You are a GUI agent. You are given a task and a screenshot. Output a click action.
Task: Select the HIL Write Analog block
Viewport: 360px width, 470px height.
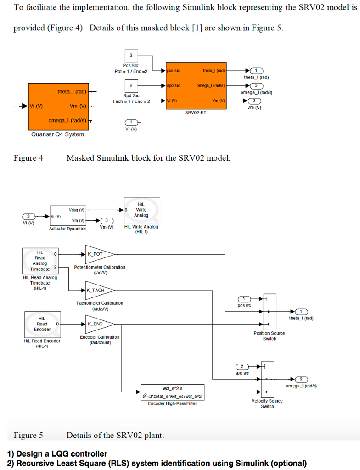point(142,210)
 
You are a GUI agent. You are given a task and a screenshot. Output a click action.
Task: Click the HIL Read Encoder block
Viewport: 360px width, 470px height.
point(41,324)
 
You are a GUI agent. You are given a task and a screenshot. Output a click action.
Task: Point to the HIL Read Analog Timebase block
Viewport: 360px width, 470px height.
point(39,260)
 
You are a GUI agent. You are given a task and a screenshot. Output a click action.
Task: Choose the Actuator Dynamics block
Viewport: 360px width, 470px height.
point(68,215)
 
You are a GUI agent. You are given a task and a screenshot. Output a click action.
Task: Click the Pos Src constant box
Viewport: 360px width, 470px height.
point(131,56)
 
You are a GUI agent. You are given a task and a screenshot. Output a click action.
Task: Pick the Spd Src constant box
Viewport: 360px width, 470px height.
point(131,86)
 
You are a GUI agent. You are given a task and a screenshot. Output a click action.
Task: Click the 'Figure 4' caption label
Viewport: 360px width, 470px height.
point(28,158)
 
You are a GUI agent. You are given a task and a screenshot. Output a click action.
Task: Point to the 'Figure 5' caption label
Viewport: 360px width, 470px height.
point(28,435)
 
